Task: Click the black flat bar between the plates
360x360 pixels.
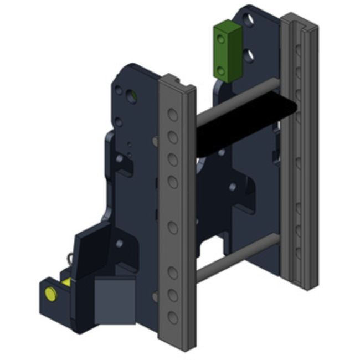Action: [x=244, y=125]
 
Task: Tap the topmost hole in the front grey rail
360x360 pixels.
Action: [x=173, y=115]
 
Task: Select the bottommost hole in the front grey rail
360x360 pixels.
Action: [x=173, y=317]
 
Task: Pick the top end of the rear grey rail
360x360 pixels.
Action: [x=299, y=20]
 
